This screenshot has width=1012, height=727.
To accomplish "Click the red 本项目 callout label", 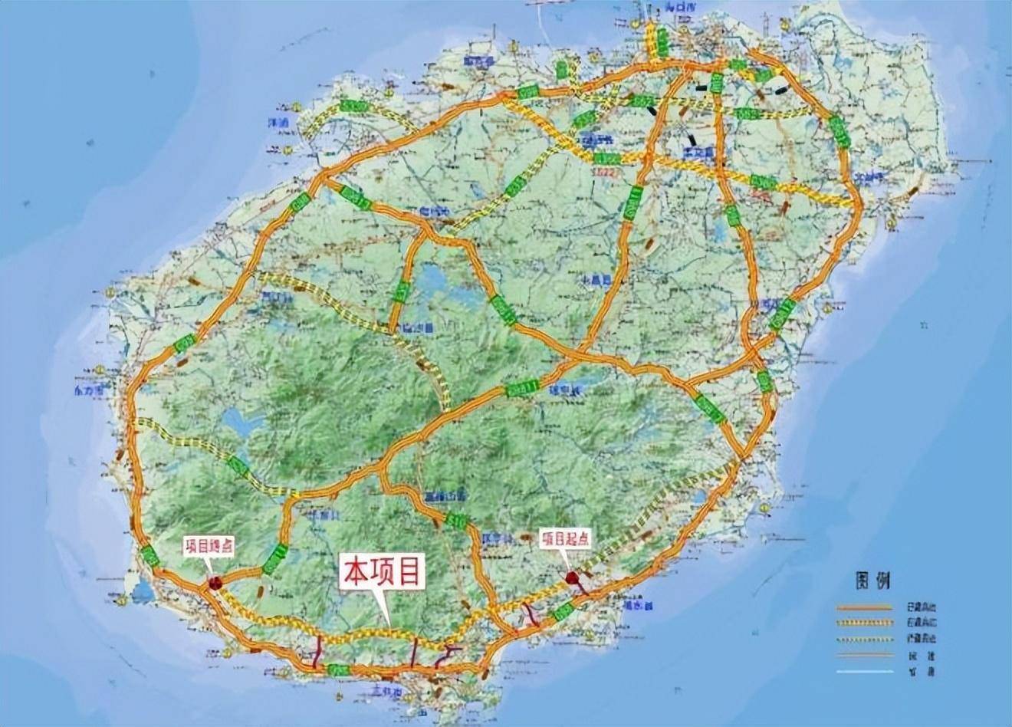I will [x=382, y=572].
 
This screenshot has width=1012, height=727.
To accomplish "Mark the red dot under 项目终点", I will [x=215, y=583].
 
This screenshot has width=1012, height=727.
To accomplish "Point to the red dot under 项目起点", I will [x=571, y=577].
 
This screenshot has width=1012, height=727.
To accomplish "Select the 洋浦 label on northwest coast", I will [x=278, y=122].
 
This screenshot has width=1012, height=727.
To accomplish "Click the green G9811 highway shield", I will [x=521, y=387].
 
